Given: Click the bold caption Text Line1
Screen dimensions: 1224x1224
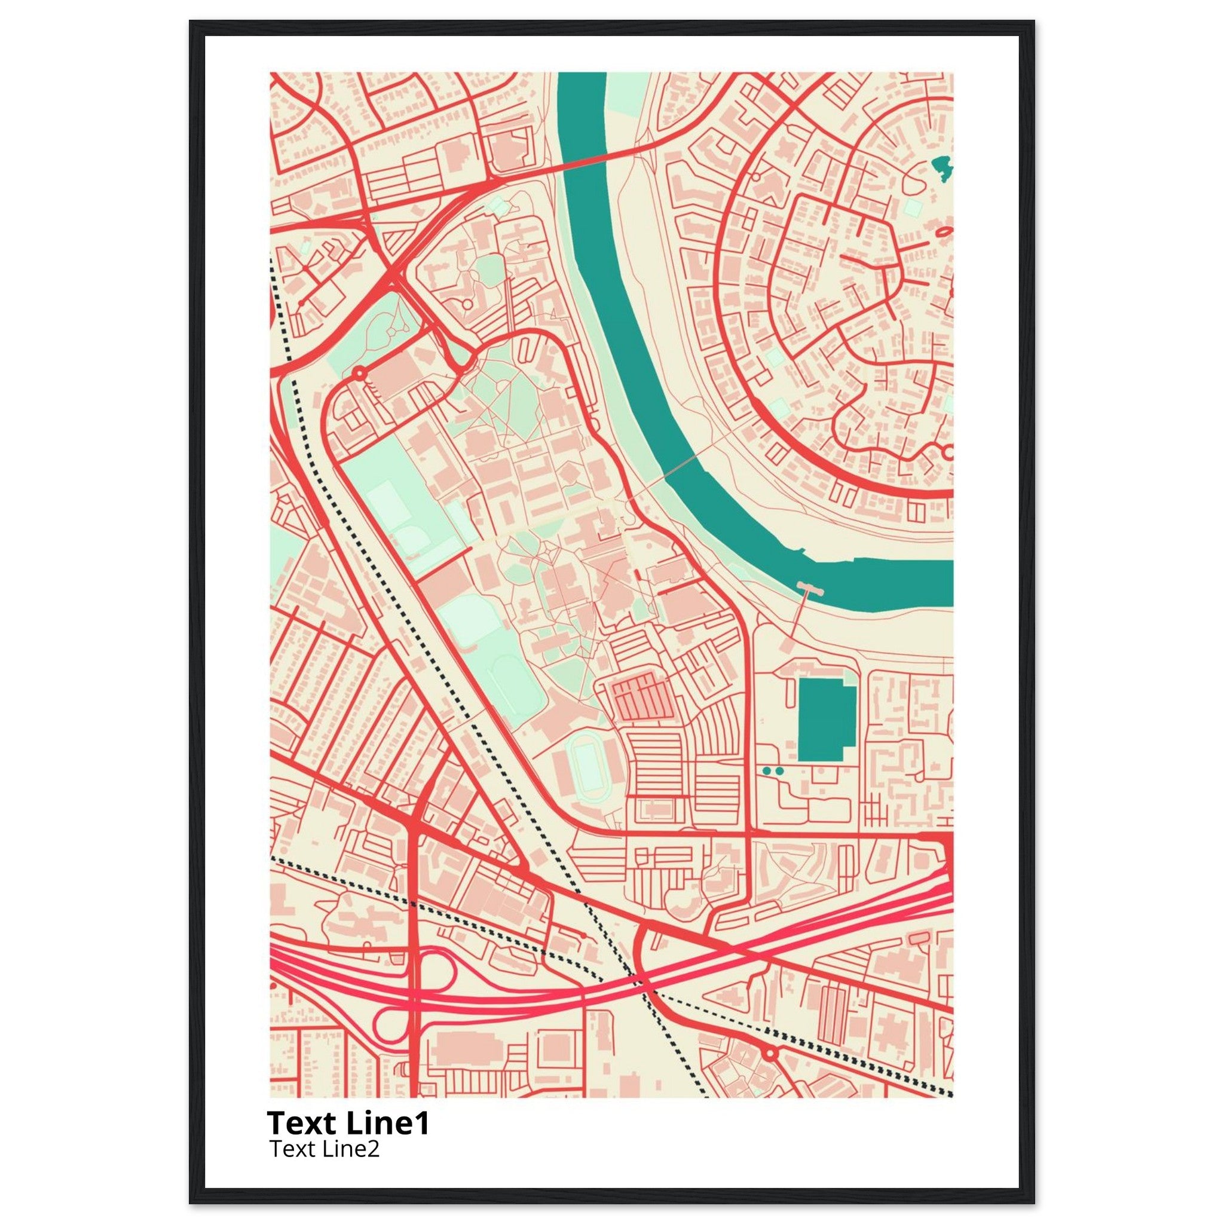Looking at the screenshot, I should [x=348, y=1122].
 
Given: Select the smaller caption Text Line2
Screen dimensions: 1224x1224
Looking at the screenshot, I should [x=324, y=1148].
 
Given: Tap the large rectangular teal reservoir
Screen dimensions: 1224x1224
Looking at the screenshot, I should [x=825, y=719].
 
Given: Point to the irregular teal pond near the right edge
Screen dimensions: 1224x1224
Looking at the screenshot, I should [x=942, y=169].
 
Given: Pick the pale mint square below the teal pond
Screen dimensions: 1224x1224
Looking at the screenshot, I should [x=913, y=207].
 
